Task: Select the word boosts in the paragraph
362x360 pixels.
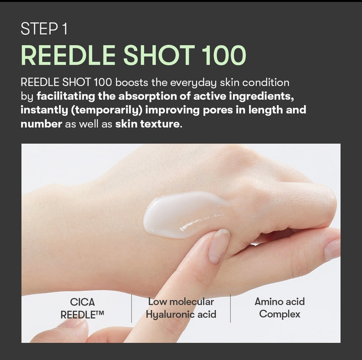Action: point(132,83)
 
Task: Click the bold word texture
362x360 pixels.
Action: point(163,124)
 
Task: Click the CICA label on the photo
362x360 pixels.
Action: point(82,302)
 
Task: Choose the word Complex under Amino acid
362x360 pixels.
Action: point(280,314)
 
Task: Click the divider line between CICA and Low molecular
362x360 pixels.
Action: point(132,308)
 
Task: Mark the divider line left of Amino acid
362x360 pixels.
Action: point(230,308)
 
